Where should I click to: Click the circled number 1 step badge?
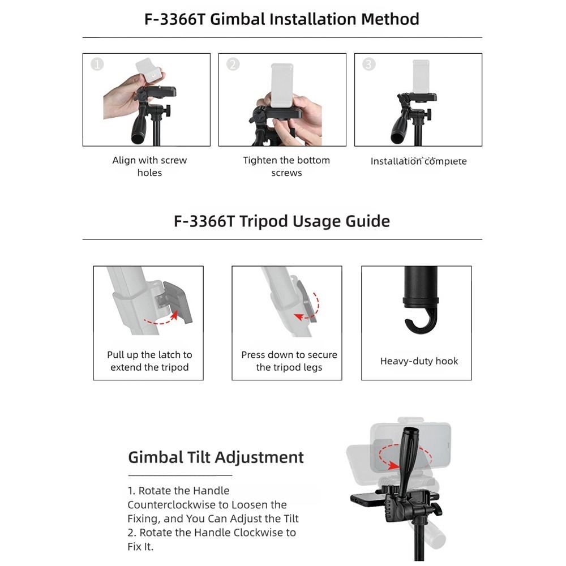click(97, 65)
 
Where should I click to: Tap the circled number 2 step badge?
click(233, 65)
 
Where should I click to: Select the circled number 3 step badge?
click(368, 65)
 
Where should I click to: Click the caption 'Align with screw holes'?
click(149, 166)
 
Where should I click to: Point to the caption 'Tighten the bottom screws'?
click(286, 166)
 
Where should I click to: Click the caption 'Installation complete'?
click(418, 161)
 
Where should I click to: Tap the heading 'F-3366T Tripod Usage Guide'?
click(282, 221)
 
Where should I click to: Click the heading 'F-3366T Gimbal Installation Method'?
click(282, 19)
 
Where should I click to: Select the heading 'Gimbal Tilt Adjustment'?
click(216, 457)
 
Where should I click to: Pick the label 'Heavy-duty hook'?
click(419, 361)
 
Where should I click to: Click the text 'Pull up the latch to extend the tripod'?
click(149, 361)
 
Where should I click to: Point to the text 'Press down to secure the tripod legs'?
click(289, 361)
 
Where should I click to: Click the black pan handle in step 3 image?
click(399, 126)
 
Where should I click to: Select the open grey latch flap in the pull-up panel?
click(177, 302)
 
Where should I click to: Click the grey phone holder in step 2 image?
click(282, 85)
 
